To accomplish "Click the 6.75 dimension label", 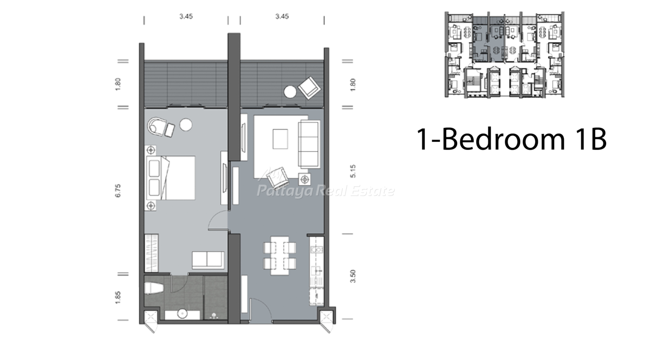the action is [118, 191].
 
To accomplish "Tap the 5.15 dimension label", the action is [353, 171].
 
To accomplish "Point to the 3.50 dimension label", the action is [353, 276].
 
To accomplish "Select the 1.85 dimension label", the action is [118, 298].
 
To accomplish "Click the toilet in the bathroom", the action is [154, 289].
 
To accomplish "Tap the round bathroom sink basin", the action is [182, 313].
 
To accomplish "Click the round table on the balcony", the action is [290, 92].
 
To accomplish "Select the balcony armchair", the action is [310, 87].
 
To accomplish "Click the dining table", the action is [279, 256].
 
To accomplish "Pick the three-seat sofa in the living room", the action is [309, 144].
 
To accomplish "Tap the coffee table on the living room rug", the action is [281, 139].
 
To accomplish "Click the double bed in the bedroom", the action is [171, 178].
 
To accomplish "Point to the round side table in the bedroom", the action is [186, 125].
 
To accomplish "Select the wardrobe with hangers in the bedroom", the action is [151, 253].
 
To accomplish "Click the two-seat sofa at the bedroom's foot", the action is [208, 260].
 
